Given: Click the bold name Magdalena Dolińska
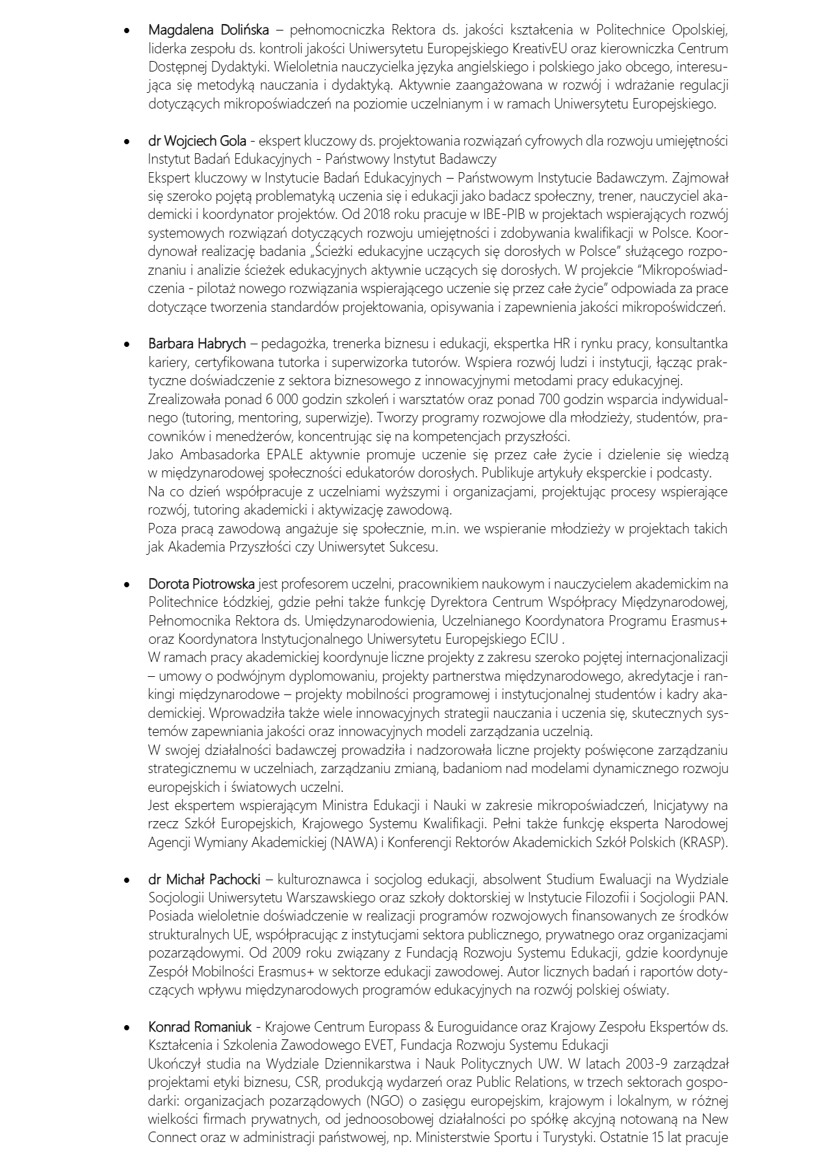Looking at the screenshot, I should coord(208,30).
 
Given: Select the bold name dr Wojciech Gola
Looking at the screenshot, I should coord(197,141).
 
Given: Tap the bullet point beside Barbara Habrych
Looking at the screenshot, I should coord(127,344).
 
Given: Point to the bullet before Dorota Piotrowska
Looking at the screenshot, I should coord(127,585).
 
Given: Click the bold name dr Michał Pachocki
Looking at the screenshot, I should coord(204,880).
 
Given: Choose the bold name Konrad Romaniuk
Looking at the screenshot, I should coord(200,1028).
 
